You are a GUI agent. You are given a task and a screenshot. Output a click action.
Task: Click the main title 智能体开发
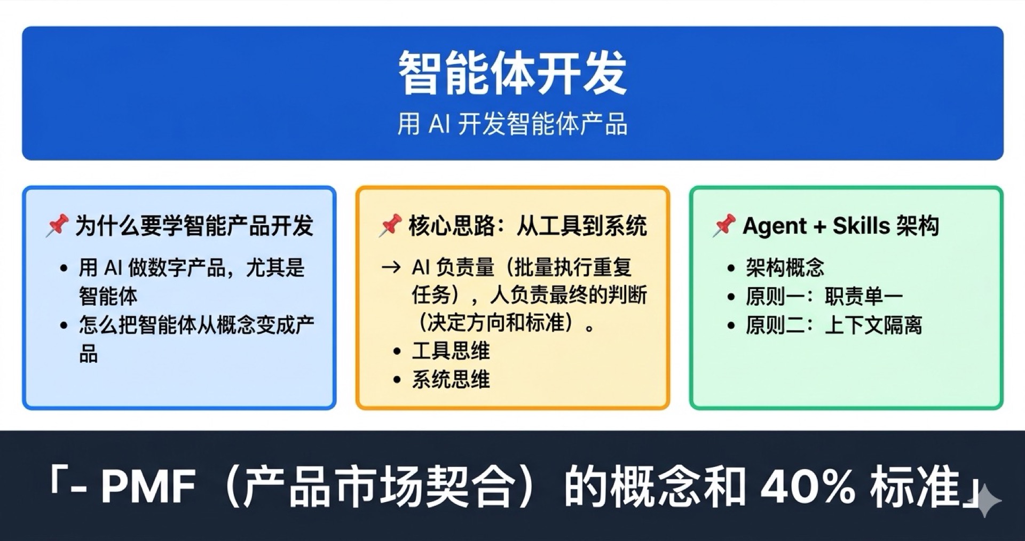512,74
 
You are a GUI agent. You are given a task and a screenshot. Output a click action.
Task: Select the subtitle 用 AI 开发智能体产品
512,124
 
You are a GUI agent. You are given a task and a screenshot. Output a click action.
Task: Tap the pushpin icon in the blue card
57,225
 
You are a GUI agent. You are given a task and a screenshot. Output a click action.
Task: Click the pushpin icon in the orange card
390,225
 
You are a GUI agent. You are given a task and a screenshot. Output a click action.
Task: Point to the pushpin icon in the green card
724,225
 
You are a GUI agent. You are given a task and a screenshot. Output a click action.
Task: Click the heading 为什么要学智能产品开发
194,226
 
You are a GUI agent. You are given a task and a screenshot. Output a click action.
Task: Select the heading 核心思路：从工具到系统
527,226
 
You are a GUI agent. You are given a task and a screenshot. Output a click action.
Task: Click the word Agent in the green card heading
774,226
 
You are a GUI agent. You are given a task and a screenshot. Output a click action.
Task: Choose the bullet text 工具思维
451,351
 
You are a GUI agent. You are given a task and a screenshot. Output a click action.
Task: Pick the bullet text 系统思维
451,380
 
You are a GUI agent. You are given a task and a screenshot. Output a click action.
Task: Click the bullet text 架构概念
785,267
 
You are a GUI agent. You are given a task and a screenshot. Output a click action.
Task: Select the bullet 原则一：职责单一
824,296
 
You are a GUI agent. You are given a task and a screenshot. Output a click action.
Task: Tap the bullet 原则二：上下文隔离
834,325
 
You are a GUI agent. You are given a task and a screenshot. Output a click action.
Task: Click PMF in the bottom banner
148,486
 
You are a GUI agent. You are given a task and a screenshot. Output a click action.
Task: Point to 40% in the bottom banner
807,486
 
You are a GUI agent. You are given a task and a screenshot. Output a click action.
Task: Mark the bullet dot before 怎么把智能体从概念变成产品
64,325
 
